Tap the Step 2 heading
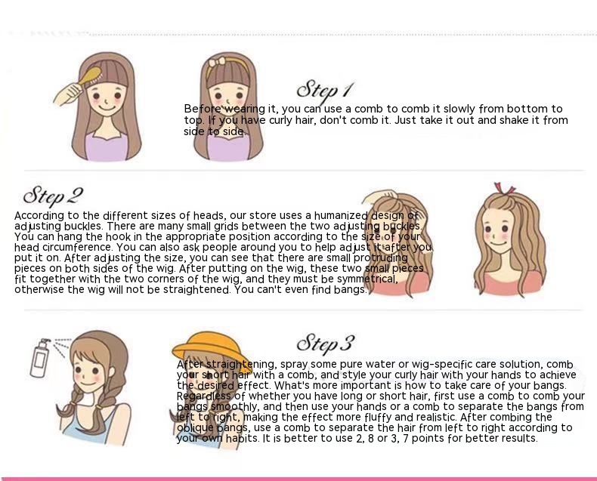pyautogui.click(x=53, y=196)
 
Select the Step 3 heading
pyautogui.click(x=326, y=344)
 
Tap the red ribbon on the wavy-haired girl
pyautogui.click(x=504, y=190)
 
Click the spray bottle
pyautogui.click(x=41, y=357)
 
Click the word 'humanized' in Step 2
pyautogui.click(x=340, y=216)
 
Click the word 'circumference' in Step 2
pyautogui.click(x=77, y=248)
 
